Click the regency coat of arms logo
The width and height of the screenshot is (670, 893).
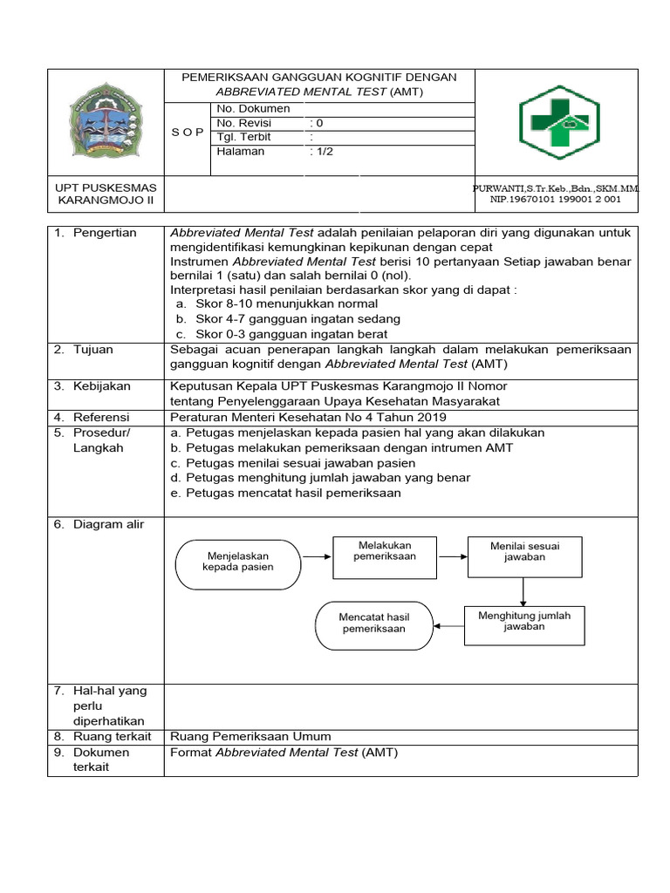(x=106, y=121)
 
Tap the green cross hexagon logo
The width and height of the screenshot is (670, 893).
(x=559, y=122)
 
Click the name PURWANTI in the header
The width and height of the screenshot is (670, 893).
(x=502, y=188)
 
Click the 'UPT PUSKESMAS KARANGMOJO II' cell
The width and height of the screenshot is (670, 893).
(x=106, y=194)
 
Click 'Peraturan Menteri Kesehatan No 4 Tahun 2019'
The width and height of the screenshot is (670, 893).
(x=308, y=417)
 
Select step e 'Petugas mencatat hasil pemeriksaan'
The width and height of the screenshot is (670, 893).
(x=285, y=493)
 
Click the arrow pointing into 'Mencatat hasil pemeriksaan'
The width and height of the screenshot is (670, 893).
(x=448, y=624)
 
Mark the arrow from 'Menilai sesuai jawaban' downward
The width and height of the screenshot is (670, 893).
(x=523, y=591)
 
